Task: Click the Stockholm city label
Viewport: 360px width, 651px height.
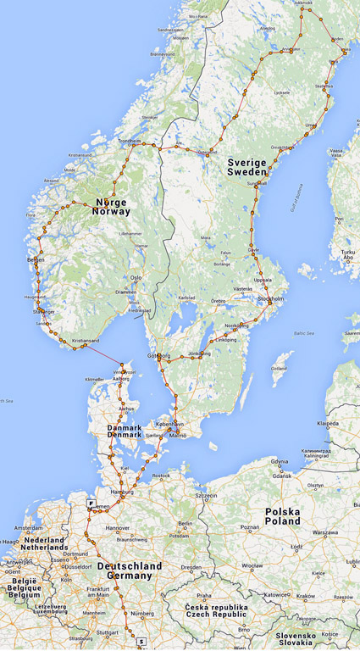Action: [270, 299]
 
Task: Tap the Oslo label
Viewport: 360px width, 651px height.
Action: [136, 277]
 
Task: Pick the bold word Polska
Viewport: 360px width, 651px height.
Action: [281, 512]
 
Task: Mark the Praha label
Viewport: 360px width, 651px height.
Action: [203, 595]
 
